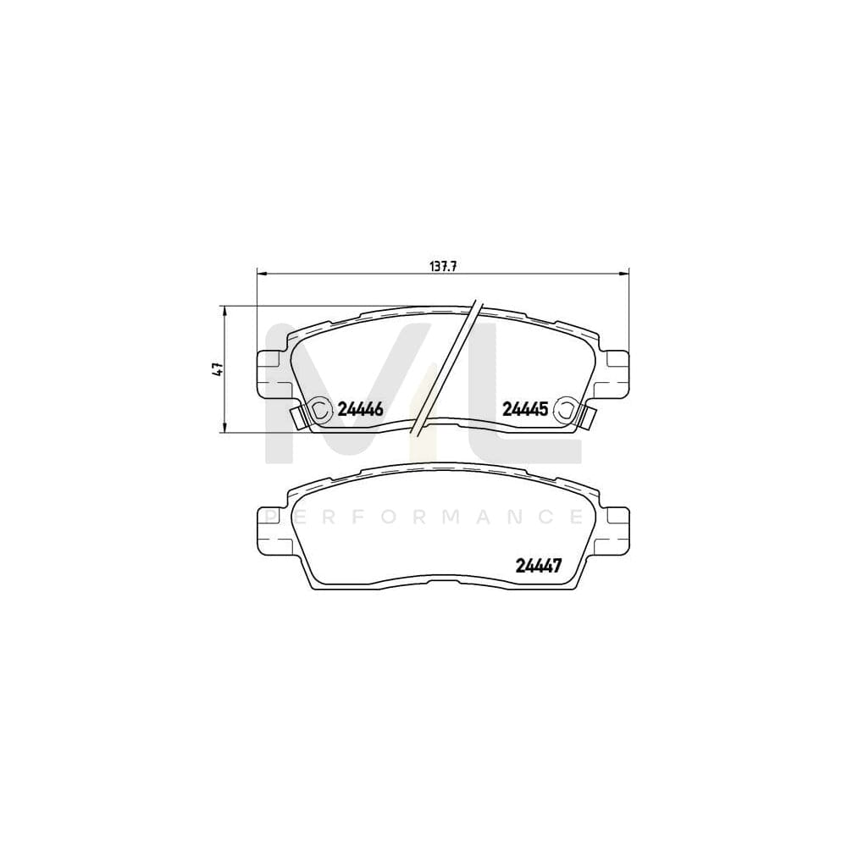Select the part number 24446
tap(361, 409)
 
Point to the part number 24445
tap(526, 409)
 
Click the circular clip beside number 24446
tap(319, 409)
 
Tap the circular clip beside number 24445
tap(563, 411)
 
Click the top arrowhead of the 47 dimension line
tap(224, 311)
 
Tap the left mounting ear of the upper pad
tap(268, 370)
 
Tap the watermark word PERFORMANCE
tap(423, 516)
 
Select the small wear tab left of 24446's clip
tap(298, 417)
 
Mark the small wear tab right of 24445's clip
tap(585, 418)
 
